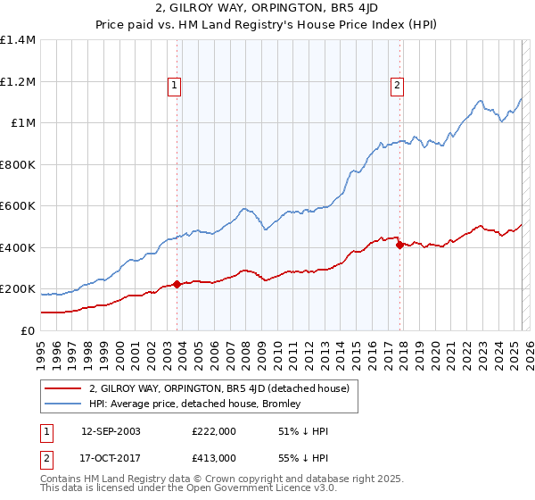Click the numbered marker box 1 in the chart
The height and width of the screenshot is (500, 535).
[x=174, y=86]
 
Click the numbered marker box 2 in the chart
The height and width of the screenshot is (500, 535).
[x=397, y=86]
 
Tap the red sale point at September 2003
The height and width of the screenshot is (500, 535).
[x=177, y=285]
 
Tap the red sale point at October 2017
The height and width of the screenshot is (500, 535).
[x=399, y=245]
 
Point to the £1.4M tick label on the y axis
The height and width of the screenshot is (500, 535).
[x=18, y=40]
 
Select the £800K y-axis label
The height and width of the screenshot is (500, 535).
[x=18, y=164]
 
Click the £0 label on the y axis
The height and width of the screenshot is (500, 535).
[x=28, y=330]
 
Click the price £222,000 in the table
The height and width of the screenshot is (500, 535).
[x=213, y=431]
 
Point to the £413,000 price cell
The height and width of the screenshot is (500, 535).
[x=213, y=457]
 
